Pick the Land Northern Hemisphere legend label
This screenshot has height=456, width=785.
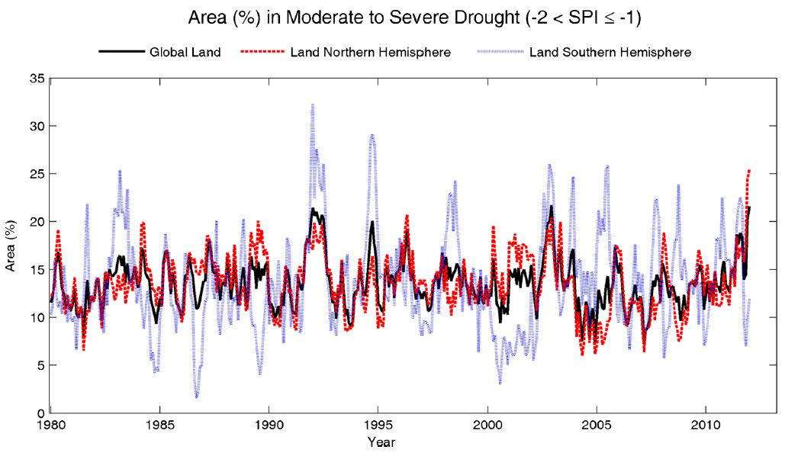pos(371,53)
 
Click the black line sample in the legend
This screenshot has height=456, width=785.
pos(121,53)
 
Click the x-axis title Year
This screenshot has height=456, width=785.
pos(381,442)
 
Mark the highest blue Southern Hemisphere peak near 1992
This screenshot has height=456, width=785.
pos(313,105)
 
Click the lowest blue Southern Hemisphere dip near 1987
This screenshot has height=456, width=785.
pos(197,397)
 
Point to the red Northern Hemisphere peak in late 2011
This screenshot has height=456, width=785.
pos(749,171)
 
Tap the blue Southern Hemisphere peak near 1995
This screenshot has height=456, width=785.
pos(372,136)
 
